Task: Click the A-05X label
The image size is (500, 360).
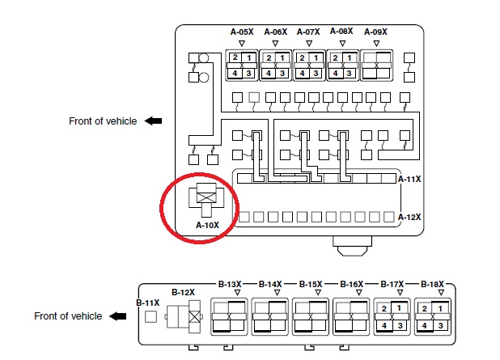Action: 242,32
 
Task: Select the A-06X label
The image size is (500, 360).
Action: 275,32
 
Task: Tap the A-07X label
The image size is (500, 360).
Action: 309,32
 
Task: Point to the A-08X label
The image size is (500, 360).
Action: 342,32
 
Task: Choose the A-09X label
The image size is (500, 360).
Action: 375,32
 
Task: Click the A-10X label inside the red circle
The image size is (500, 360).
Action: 208,225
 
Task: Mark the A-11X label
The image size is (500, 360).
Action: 410,179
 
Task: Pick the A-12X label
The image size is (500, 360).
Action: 410,217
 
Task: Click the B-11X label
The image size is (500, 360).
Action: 148,303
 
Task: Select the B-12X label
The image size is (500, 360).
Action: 183,291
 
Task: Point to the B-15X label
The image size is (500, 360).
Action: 311,284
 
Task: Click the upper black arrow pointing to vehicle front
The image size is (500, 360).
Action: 153,121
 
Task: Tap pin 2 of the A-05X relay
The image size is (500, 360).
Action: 235,58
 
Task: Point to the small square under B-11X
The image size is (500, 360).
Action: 150,316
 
